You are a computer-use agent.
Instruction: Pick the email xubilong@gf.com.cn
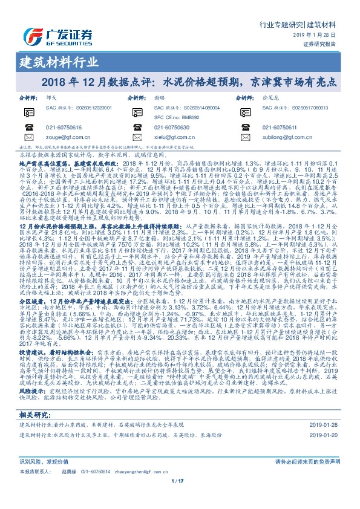[288, 137]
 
